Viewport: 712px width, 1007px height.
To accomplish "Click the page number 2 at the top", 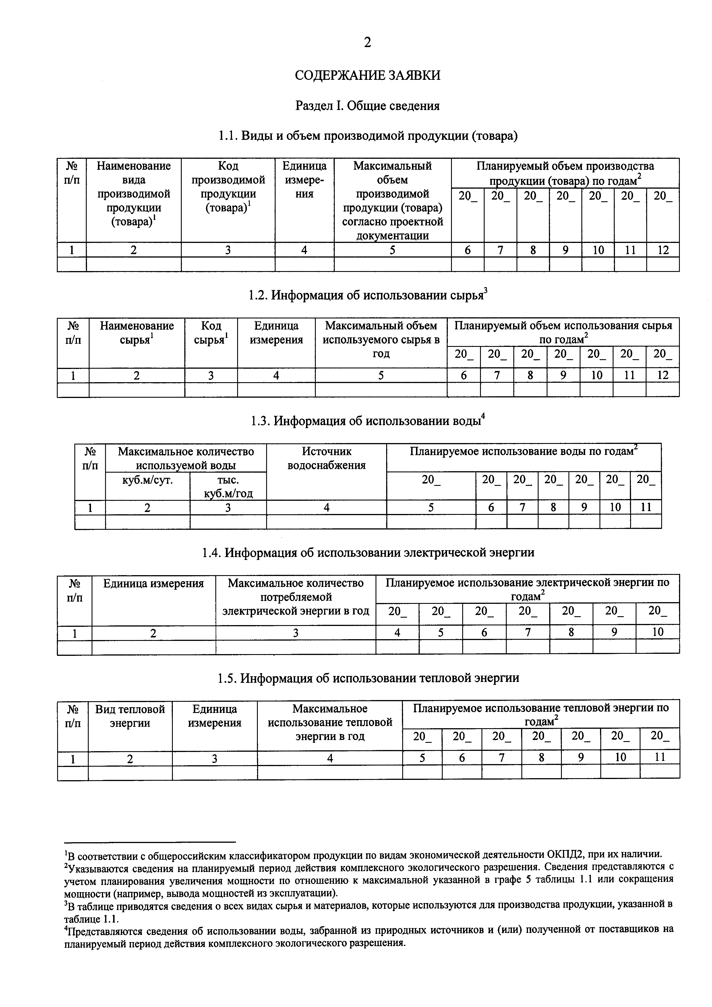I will pos(367,42).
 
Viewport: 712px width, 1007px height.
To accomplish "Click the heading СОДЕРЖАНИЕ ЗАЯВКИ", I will pos(367,76).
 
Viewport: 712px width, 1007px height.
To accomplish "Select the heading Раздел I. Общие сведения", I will pos(367,106).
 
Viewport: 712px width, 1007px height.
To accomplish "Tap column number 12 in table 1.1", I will pos(663,250).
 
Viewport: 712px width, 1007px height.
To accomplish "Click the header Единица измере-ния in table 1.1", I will pos(304,180).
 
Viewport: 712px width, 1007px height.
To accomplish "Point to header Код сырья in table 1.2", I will pos(211,333).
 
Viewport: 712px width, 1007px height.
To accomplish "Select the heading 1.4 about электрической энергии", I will pos(367,553).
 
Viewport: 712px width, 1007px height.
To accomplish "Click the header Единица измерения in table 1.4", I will pos(153,583).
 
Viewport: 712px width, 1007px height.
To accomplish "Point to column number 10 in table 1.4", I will pos(658,632).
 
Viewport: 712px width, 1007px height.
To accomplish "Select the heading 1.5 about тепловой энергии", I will pos(367,678).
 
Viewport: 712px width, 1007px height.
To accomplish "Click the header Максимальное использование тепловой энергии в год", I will pos(330,722).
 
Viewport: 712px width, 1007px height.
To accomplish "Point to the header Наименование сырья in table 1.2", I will pos(137,333).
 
